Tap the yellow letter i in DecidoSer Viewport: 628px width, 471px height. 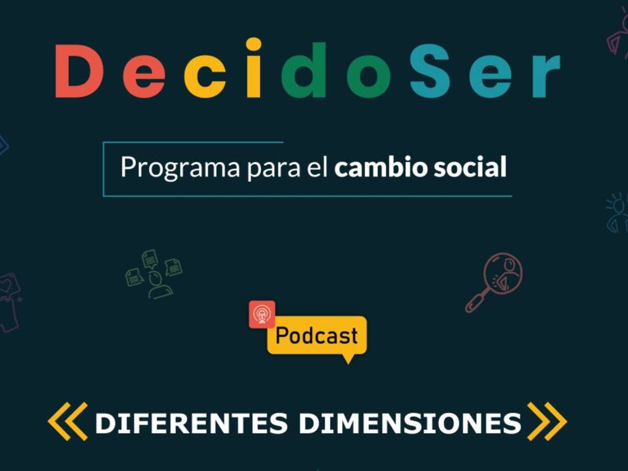coord(253,68)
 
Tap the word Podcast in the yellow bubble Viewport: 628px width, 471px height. coord(317,335)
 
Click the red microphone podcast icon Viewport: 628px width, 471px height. coord(262,315)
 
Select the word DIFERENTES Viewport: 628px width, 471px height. coord(191,423)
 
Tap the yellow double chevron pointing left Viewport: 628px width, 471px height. coord(68,421)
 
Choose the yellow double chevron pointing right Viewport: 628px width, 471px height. coord(547,421)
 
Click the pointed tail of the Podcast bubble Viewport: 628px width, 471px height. coord(347,360)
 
